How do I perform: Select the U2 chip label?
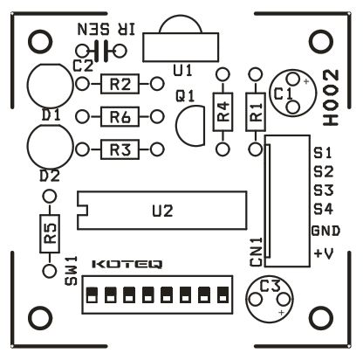tap(162, 211)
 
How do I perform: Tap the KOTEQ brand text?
tap(127, 264)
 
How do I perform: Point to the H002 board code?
tap(332, 98)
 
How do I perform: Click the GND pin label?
tap(325, 231)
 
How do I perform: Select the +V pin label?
tap(324, 253)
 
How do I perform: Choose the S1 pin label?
tap(323, 153)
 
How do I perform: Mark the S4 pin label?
tap(323, 209)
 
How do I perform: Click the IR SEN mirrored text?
tap(106, 30)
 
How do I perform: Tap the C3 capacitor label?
tap(270, 286)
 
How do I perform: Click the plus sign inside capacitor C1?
tap(305, 82)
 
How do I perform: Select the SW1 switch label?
tap(72, 271)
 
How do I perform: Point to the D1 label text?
tap(51, 115)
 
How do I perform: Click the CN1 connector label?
tap(257, 252)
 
